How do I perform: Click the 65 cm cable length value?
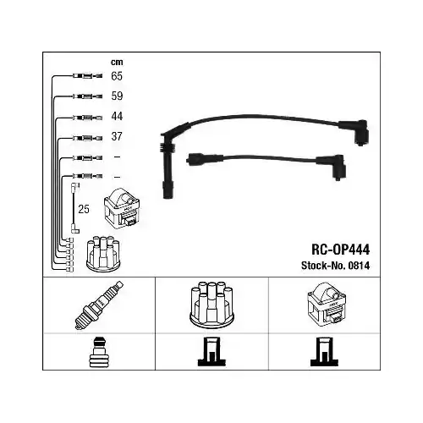tap(117, 76)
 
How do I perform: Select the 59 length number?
tap(117, 96)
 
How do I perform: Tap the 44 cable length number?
tap(117, 116)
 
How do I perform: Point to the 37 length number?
tap(117, 136)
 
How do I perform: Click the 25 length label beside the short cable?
tap(84, 209)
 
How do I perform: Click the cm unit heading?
tap(117, 62)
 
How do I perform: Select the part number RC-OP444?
tap(340, 250)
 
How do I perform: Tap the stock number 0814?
tap(359, 266)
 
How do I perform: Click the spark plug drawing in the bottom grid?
tap(99, 305)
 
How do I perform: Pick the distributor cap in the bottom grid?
tap(211, 305)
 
